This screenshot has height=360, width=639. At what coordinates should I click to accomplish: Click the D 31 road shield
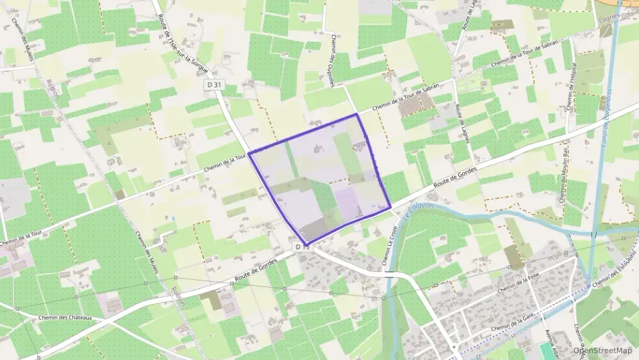(214, 85)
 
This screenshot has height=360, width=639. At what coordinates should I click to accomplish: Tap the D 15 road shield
(302, 246)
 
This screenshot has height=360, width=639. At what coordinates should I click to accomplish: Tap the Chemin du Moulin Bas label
(565, 181)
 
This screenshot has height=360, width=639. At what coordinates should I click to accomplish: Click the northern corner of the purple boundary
(356, 114)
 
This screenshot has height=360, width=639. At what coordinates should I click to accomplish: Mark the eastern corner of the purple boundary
(390, 207)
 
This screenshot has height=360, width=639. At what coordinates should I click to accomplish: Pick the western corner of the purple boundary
(248, 154)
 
